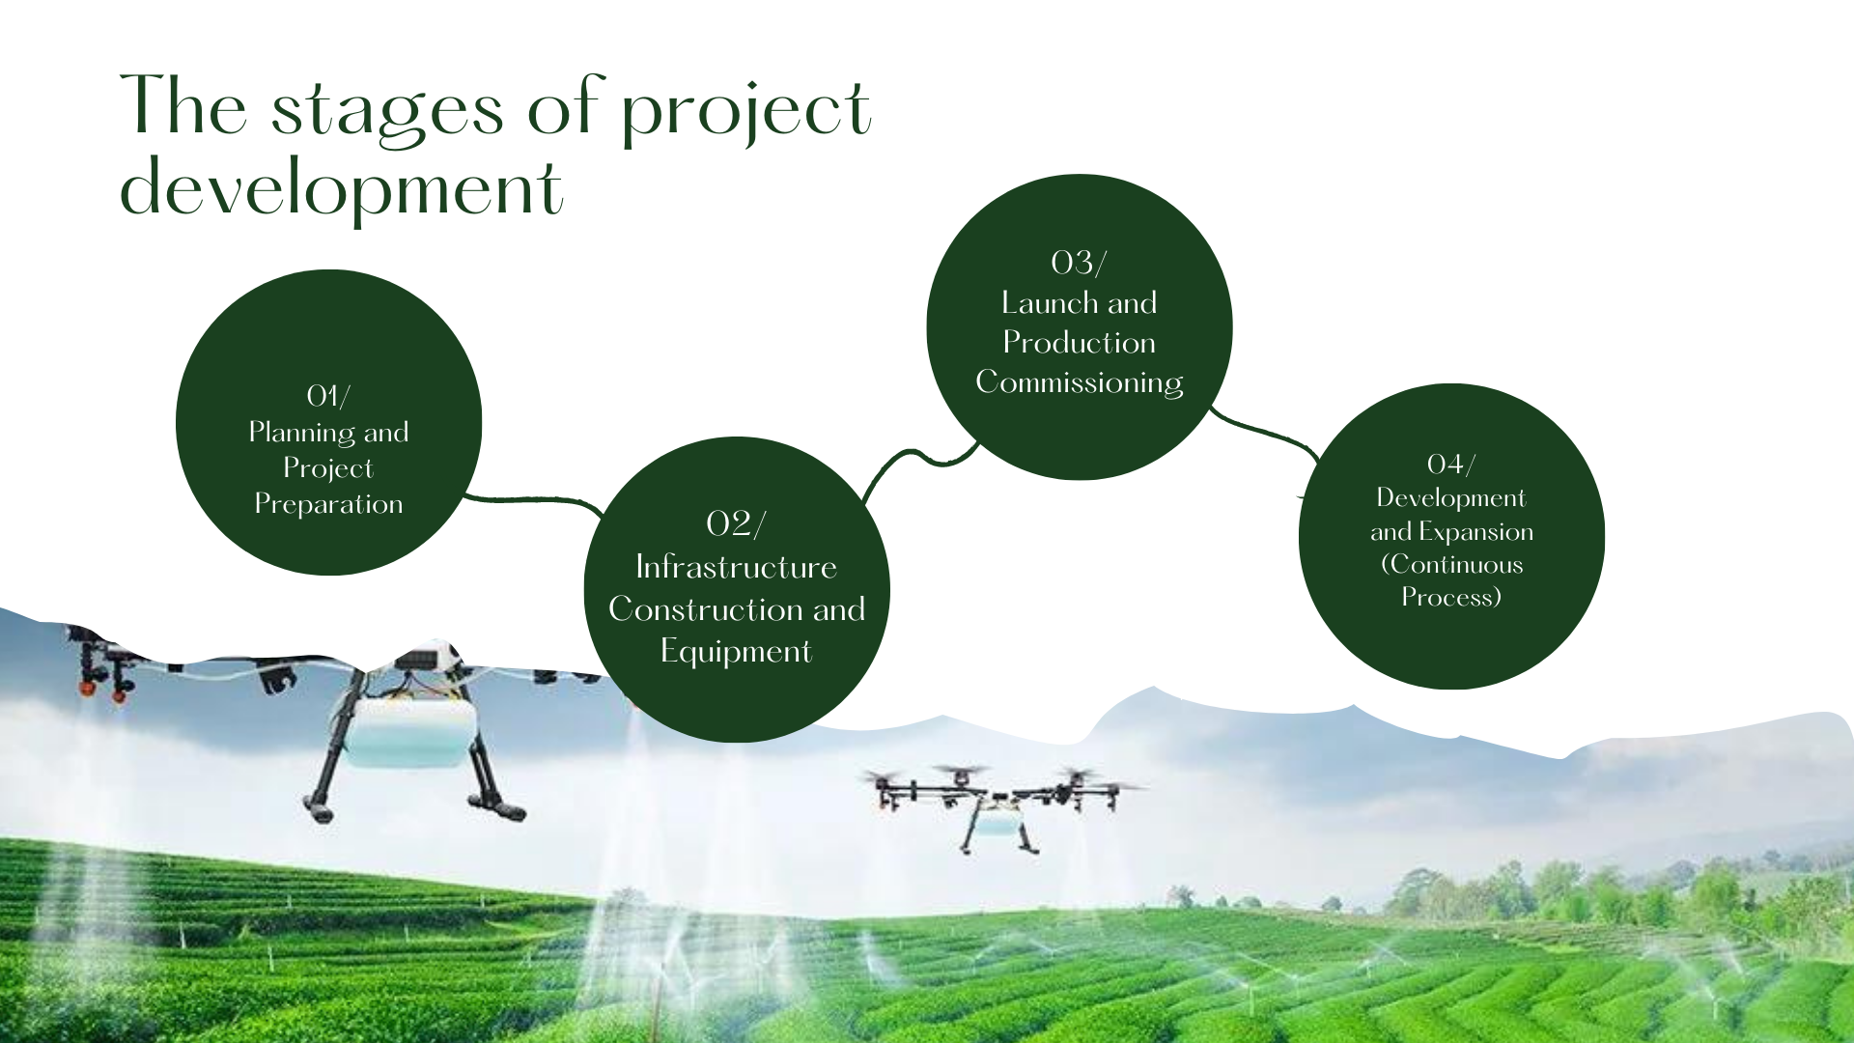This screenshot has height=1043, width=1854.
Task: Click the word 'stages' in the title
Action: tap(387, 111)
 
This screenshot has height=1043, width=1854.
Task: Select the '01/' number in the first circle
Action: tap(328, 396)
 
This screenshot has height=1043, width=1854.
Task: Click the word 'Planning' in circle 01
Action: tap(301, 434)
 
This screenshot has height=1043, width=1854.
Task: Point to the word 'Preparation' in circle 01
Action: tap(328, 505)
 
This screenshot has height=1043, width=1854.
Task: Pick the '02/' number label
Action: tap(736, 523)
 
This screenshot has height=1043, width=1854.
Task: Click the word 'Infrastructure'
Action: tap(736, 567)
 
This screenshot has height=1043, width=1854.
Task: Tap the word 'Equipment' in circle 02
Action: tap(736, 652)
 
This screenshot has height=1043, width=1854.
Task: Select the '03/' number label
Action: tap(1079, 263)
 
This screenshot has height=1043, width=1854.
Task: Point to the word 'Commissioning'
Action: tap(1079, 383)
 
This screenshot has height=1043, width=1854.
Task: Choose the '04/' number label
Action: tap(1451, 465)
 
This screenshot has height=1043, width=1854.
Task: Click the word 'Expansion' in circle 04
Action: tap(1475, 533)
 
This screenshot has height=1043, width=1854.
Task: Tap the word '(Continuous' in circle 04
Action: tap(1451, 565)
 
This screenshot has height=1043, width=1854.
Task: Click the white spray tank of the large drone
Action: tap(410, 732)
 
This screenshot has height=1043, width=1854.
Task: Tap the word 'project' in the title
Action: tap(746, 111)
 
